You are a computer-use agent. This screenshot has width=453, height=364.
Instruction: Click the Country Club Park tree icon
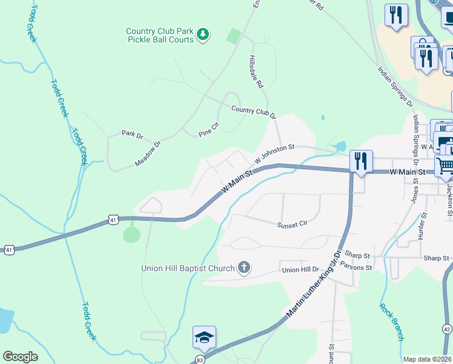(x=204, y=35)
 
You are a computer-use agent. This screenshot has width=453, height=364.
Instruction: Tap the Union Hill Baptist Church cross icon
(x=243, y=268)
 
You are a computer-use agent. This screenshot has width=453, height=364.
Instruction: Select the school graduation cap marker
(x=204, y=337)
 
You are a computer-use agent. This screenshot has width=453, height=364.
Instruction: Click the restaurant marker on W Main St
(x=361, y=161)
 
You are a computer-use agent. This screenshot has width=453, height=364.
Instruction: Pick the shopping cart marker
(x=445, y=165)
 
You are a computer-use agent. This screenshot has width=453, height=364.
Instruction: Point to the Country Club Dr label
(x=253, y=111)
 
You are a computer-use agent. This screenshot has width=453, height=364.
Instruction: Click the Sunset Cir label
(x=293, y=224)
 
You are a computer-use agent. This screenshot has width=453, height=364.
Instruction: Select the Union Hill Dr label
(x=300, y=270)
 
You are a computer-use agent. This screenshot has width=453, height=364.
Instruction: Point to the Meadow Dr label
(x=148, y=155)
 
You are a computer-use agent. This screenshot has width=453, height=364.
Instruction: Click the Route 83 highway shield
(x=200, y=359)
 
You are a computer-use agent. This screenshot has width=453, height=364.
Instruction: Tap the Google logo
(x=20, y=356)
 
